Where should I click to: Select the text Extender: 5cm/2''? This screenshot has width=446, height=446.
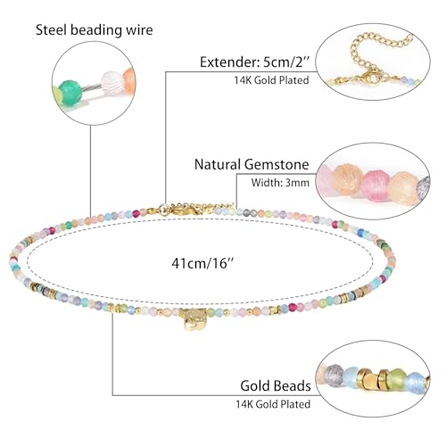256,63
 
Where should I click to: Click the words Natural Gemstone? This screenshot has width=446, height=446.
253,165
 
